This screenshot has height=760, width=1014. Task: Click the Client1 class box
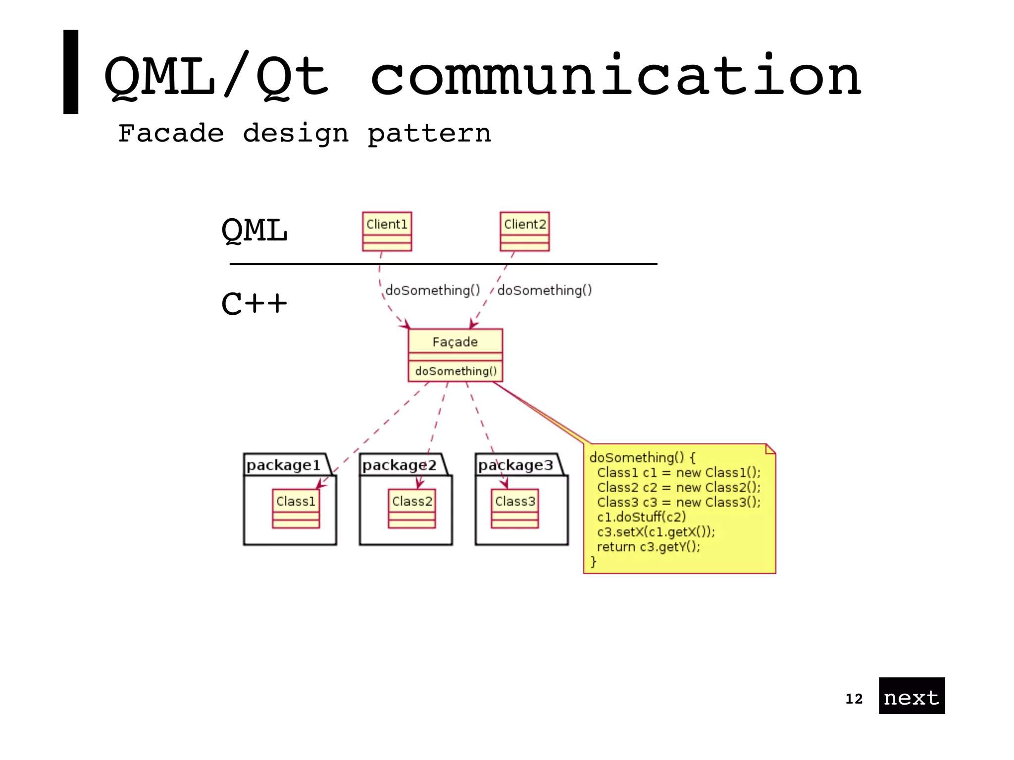387,231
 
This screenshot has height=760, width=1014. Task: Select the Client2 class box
524,231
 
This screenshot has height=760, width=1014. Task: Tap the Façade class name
455,342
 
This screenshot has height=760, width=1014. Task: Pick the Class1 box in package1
296,508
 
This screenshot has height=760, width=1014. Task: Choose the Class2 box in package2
411,508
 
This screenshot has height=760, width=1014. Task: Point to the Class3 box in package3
514,508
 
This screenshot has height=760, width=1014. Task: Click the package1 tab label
283,465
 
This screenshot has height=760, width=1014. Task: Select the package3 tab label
515,465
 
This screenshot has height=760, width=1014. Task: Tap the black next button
911,696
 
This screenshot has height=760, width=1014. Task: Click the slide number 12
854,699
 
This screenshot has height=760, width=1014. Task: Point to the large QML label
254,231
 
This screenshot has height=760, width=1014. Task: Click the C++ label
253,303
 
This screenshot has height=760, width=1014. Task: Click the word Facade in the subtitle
171,133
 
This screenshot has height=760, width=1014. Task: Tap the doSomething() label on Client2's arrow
545,290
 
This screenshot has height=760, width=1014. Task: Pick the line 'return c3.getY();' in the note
649,547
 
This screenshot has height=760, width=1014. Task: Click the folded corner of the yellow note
770,449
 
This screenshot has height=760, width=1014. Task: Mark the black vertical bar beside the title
71,72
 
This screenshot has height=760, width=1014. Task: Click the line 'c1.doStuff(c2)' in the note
641,517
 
